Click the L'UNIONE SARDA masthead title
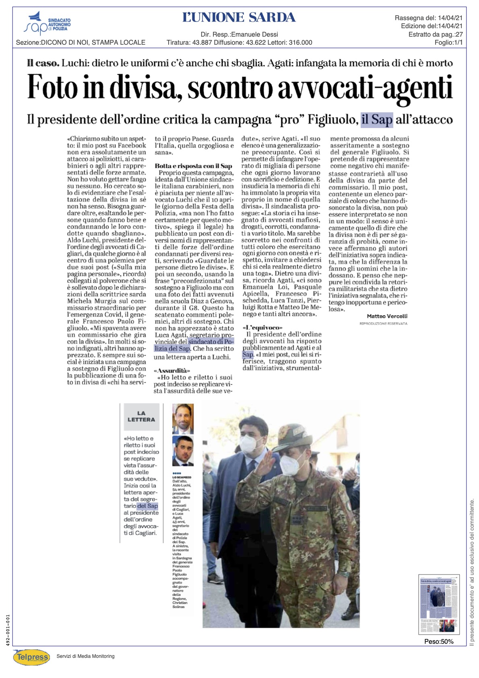pyautogui.click(x=239, y=17)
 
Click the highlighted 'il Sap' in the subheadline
pyautogui.click(x=376, y=120)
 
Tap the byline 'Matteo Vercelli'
pyautogui.click(x=387, y=316)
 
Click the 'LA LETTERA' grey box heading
pyautogui.click(x=141, y=416)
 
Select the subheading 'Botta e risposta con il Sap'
pyautogui.click(x=193, y=166)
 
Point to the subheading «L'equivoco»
pyautogui.click(x=262, y=327)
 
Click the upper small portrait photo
pyautogui.click(x=183, y=419)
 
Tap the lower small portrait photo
pyautogui.click(x=183, y=451)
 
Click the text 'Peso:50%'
pyautogui.click(x=439, y=641)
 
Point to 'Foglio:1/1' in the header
pyautogui.click(x=448, y=42)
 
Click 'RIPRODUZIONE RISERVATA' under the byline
pyautogui.click(x=383, y=323)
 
